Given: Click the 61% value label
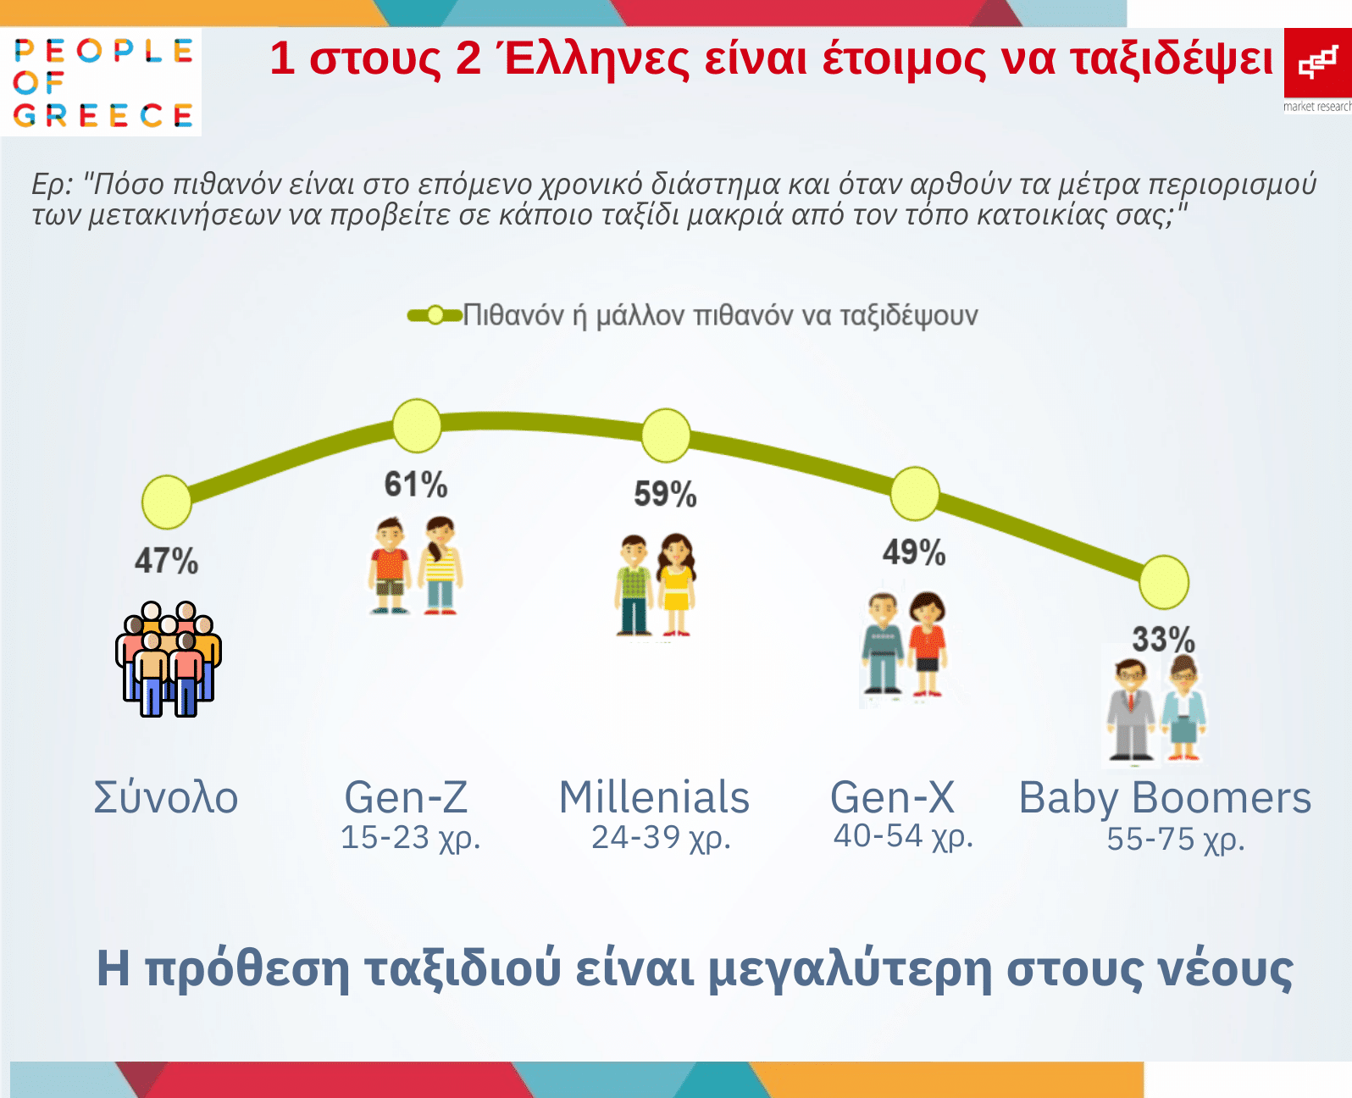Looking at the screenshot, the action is pos(416,485).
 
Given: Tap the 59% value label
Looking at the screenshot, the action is pos(665,495).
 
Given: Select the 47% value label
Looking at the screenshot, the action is pos(166,561).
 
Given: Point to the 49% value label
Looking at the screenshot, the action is pos(914,552).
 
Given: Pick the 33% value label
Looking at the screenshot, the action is pos(1163,639).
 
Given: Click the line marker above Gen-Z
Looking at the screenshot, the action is pos(417,426).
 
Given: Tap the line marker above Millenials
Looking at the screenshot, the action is pos(666,435).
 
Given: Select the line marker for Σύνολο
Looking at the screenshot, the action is pos(166,502).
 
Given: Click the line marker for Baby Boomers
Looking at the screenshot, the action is pos(1164,582).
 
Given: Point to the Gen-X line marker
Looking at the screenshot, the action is pos(915,494).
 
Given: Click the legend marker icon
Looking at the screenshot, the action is pos(435,315).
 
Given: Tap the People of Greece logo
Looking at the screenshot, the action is pos(102,82).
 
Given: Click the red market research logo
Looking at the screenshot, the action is pos(1318,70).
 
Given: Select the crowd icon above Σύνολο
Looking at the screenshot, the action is pos(169,659).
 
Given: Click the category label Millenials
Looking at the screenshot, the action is pos(654,797).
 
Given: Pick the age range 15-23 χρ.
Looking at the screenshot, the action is pos(410,838).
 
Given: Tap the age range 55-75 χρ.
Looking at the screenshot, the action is pos(1176,840).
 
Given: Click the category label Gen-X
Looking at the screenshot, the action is pos(893,797).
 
